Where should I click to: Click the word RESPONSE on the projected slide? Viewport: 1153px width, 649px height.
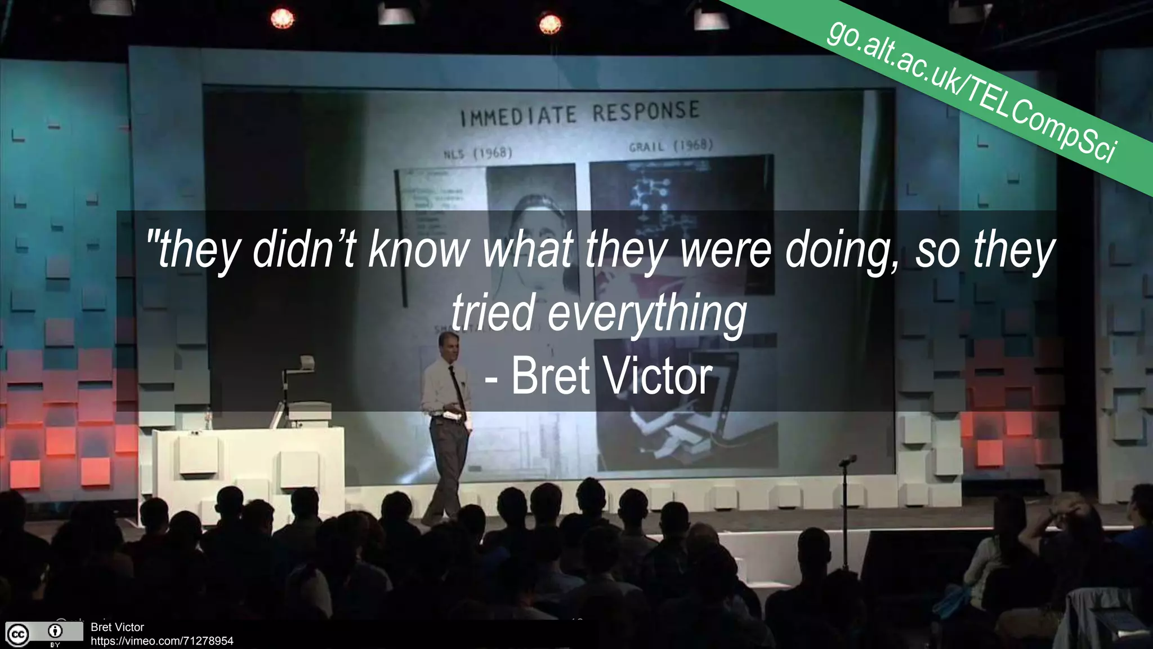[x=645, y=111]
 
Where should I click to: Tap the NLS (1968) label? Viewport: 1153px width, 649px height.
[x=478, y=153]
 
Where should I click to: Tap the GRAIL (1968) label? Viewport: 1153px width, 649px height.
[x=671, y=146]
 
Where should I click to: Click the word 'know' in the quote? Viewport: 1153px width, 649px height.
[x=417, y=250]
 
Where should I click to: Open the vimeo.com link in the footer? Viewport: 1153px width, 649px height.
[x=162, y=641]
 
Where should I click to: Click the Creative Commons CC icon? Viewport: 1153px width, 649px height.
[x=17, y=634]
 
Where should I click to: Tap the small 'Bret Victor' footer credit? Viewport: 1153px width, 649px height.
[x=117, y=627]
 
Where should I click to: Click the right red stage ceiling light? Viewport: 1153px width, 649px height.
[x=549, y=24]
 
